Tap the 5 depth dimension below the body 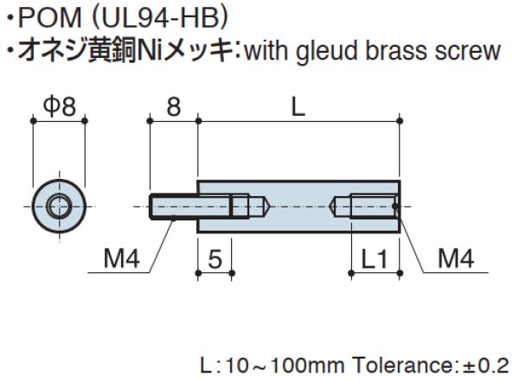(x=215, y=257)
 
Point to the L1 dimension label (x=374, y=257)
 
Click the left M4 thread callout (x=121, y=257)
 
